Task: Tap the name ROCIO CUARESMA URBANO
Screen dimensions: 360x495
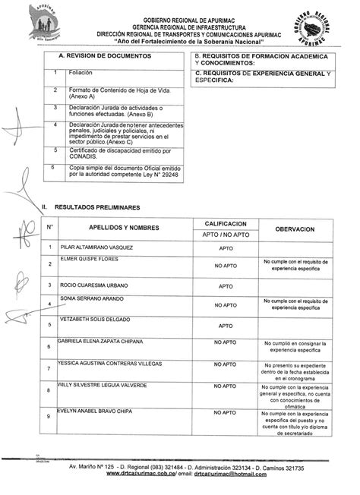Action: (93, 286)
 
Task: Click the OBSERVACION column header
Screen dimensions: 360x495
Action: (295, 229)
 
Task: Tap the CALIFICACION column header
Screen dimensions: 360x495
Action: (226, 224)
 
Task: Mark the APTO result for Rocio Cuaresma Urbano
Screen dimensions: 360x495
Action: (226, 287)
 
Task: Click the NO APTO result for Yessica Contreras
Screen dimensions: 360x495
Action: (226, 365)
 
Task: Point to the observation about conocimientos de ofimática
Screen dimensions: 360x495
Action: (295, 396)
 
